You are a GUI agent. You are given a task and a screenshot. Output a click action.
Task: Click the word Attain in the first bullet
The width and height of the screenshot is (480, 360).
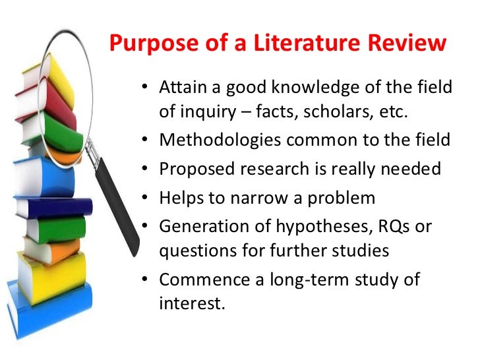point(181,88)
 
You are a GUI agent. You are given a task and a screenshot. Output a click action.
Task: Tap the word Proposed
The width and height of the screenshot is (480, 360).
point(192,169)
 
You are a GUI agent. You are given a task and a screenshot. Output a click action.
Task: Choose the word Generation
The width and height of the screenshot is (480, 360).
point(200,226)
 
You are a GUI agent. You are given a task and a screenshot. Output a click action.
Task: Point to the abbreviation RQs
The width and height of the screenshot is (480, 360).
point(394,226)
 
